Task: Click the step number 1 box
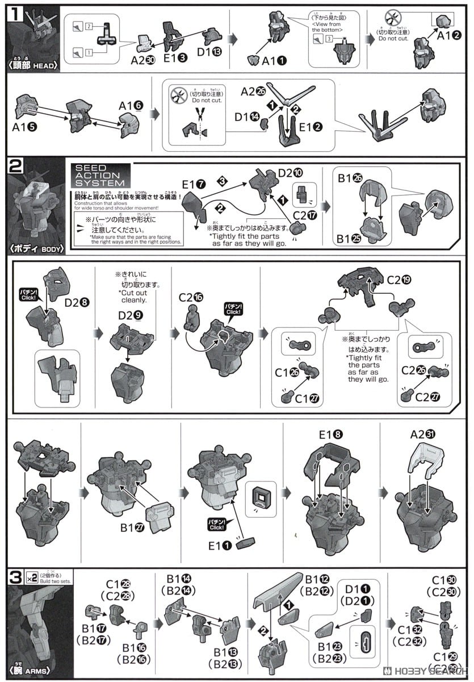point(15,13)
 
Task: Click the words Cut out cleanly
point(133,296)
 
